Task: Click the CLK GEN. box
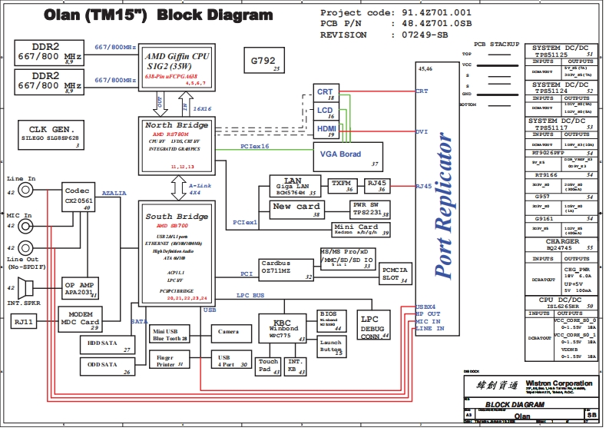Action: (x=51, y=134)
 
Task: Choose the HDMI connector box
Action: (x=326, y=131)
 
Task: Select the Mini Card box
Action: (x=356, y=230)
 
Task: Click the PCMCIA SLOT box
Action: (x=394, y=274)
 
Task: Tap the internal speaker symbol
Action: (x=28, y=289)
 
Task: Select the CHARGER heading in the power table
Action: (x=562, y=241)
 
